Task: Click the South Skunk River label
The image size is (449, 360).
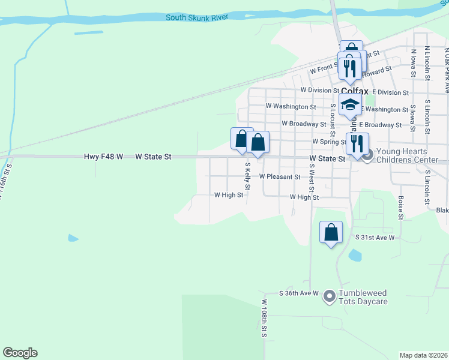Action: point(196,17)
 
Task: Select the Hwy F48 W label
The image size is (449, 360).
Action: point(103,157)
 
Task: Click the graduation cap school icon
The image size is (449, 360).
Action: point(349,105)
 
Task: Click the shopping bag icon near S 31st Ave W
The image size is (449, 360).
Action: point(331,232)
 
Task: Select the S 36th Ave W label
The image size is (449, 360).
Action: point(298,293)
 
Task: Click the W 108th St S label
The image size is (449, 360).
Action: point(264,318)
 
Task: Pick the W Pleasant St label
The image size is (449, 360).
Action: point(280,177)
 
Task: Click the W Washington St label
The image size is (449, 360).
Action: point(291,107)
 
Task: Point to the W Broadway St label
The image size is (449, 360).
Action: point(304,124)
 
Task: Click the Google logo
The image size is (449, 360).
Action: point(20,353)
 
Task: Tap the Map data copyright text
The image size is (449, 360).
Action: point(424,355)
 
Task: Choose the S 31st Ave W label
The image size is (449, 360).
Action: point(375,238)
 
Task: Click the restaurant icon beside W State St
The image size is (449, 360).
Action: point(357,143)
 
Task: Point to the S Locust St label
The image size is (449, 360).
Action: point(333,115)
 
